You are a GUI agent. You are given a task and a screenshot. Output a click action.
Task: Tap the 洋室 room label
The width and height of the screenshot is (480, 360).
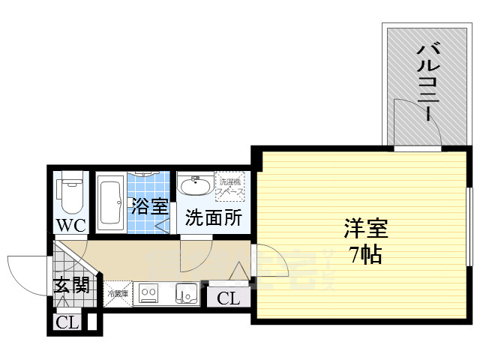point(365,226)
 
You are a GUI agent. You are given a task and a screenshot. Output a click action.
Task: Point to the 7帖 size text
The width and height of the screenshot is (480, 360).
point(365,254)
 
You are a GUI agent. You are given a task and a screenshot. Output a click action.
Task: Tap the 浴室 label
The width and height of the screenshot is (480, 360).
point(149,206)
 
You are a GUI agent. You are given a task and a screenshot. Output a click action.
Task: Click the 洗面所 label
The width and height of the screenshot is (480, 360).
point(213,218)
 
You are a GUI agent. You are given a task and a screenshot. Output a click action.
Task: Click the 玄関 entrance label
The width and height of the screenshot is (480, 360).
point(71,285)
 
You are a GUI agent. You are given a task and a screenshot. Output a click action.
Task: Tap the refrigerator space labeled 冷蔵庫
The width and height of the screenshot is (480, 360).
point(117,293)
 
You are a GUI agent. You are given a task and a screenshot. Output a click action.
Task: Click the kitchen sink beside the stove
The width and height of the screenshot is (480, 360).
point(185,293)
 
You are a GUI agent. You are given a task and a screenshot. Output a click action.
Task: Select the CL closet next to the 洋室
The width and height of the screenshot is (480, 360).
point(229,298)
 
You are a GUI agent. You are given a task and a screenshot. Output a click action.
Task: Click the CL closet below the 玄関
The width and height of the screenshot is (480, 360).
point(67,323)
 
